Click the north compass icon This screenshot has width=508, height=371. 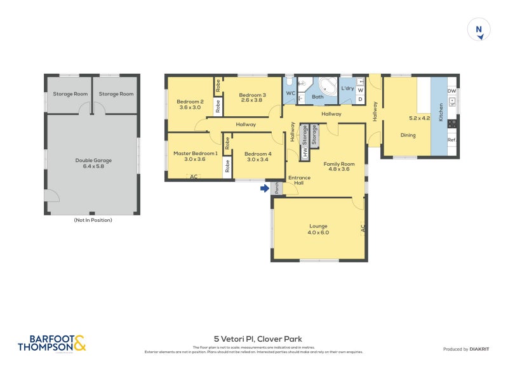click(479, 30)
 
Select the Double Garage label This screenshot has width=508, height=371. click(93, 160)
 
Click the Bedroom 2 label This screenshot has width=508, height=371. click(190, 102)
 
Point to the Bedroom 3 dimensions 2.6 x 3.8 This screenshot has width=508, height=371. click(251, 100)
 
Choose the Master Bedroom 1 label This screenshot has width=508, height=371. click(196, 153)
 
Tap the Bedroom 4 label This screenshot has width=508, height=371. click(257, 153)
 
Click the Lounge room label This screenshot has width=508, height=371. click(318, 226)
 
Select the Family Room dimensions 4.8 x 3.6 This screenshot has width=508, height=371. click(338, 170)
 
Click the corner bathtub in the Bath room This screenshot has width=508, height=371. click(328, 86)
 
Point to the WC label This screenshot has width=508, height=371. click(290, 94)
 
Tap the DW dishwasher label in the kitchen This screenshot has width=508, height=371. click(451, 91)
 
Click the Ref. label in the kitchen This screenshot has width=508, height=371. click(451, 140)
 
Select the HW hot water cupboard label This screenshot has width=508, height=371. click(305, 152)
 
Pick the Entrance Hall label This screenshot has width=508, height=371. click(300, 180)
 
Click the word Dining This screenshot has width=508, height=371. click(408, 135)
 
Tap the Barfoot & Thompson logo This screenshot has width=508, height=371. click(51, 343)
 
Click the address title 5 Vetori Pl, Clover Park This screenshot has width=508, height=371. click(253, 340)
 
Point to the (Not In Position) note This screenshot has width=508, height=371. click(93, 220)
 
